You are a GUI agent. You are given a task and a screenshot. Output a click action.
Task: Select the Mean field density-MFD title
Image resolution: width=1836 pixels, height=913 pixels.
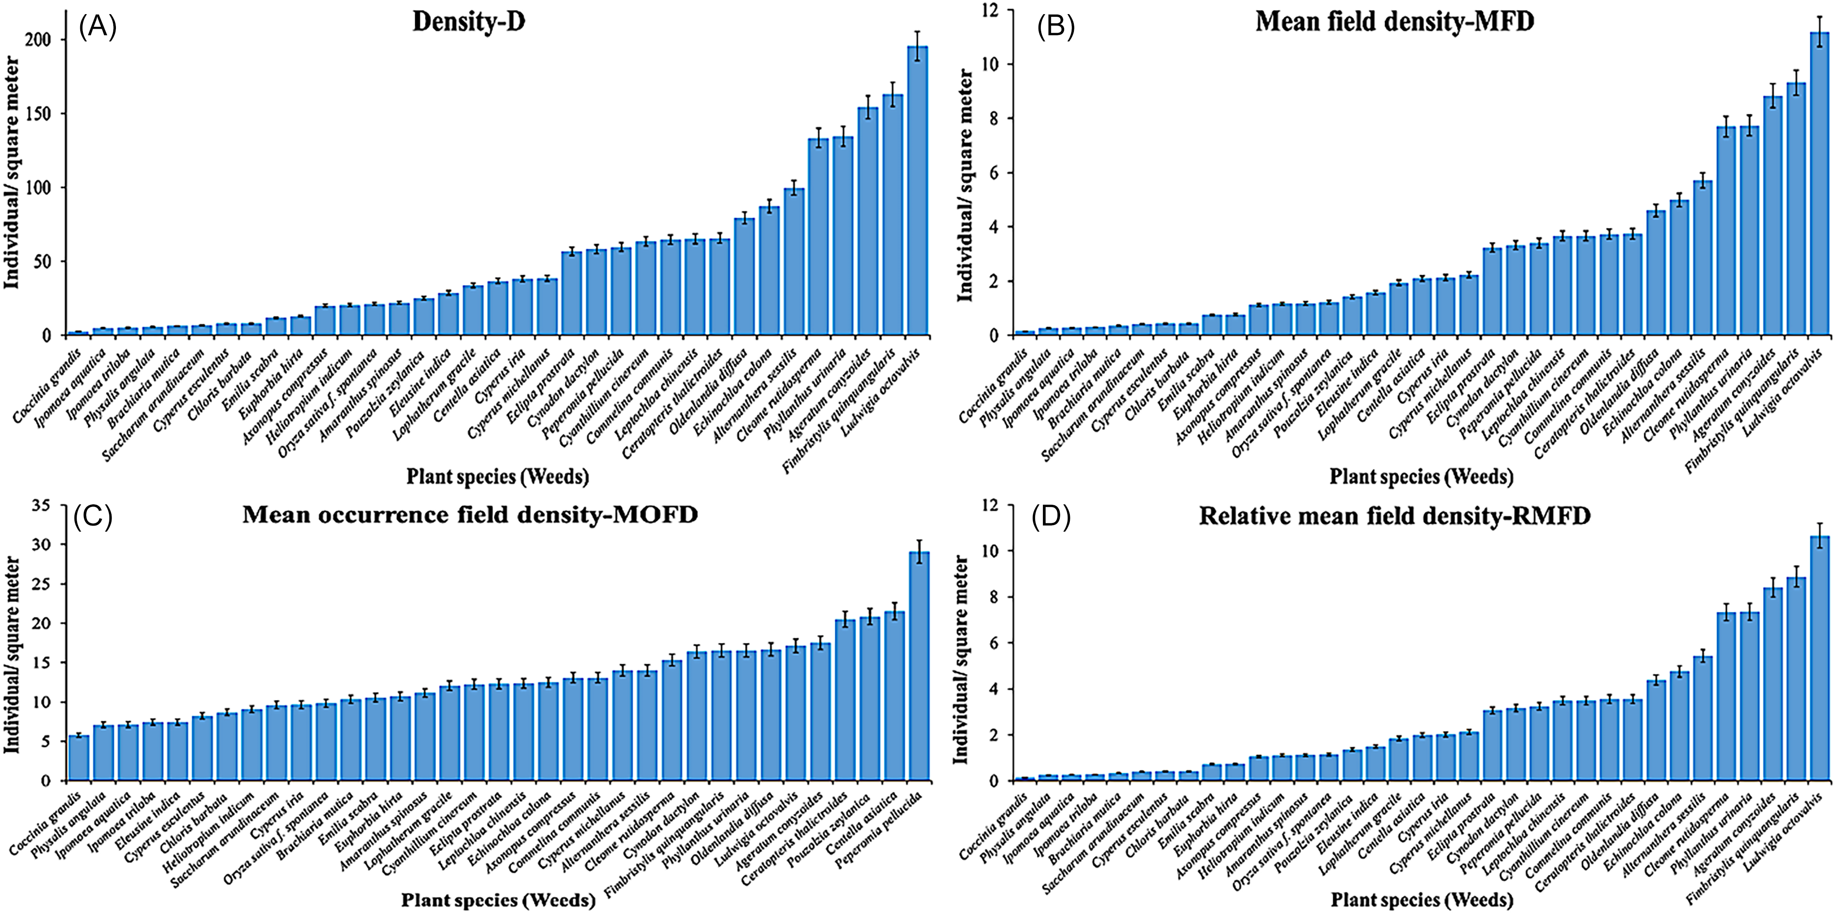tap(1394, 22)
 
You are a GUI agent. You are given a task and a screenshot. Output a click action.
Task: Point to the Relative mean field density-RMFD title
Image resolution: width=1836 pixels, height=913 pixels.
tap(1394, 515)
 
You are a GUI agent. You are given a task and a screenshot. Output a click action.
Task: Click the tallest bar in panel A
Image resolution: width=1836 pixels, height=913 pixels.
tap(917, 190)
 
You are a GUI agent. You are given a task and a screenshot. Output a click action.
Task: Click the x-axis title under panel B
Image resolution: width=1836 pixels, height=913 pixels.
tap(1421, 476)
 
